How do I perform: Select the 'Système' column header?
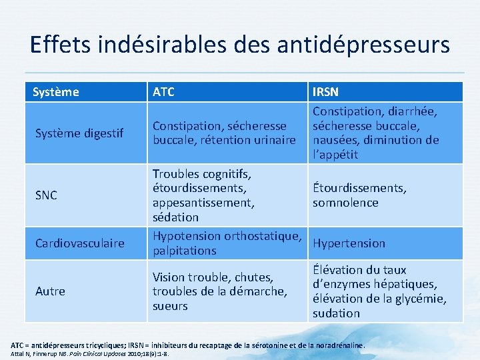pyautogui.click(x=56, y=92)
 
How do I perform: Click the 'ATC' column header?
pyautogui.click(x=163, y=92)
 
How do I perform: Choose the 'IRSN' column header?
pyautogui.click(x=325, y=92)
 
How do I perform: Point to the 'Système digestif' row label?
pyautogui.click(x=79, y=133)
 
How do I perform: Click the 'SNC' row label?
pyautogui.click(x=46, y=195)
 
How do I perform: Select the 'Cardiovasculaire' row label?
pyautogui.click(x=80, y=243)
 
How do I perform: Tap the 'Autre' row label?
pyautogui.click(x=51, y=291)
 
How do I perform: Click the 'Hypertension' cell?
pyautogui.click(x=349, y=243)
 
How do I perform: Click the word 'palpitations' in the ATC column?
pyautogui.click(x=184, y=251)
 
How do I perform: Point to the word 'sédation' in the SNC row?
pyautogui.click(x=175, y=217)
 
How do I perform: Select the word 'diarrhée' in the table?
pyautogui.click(x=414, y=111)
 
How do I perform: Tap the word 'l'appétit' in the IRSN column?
pyautogui.click(x=335, y=155)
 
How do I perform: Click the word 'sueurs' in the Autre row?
pyautogui.click(x=170, y=306)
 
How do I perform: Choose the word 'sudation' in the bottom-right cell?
pyautogui.click(x=336, y=313)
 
